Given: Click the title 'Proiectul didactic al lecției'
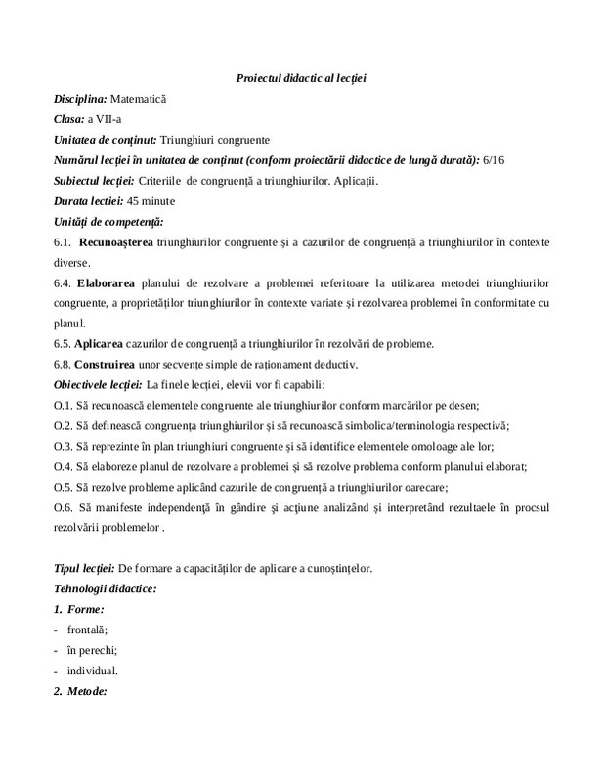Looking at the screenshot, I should (x=301, y=77).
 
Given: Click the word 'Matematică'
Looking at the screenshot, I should (x=139, y=99).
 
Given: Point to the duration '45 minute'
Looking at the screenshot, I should (x=154, y=201).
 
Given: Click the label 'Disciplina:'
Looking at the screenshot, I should (x=81, y=99).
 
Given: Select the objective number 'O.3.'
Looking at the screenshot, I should (x=65, y=446).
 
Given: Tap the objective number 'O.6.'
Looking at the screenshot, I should (x=65, y=507).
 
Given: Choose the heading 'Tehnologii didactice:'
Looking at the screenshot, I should (x=106, y=589).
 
